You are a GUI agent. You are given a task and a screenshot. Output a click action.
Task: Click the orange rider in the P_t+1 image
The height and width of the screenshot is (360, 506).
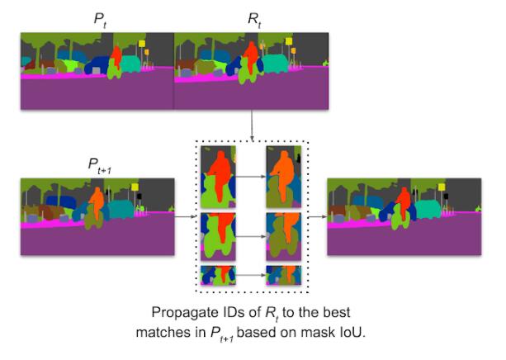pyautogui.click(x=97, y=201)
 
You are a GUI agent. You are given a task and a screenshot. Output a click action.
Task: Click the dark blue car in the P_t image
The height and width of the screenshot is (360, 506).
pyautogui.click(x=99, y=65)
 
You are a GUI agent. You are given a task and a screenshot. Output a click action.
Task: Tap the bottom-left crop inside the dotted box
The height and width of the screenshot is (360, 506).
pyautogui.click(x=219, y=276)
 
